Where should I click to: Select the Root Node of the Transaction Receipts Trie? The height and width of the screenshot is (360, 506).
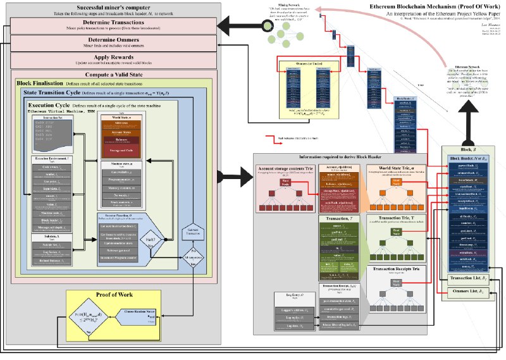pyautogui.click(x=396, y=282)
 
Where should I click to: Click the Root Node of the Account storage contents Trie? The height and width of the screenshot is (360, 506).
pyautogui.click(x=285, y=181)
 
